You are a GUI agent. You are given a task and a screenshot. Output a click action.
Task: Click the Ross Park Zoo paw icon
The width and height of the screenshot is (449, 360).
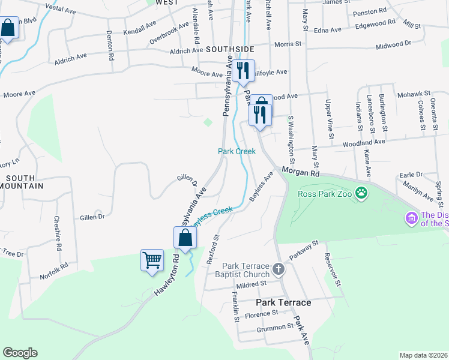point(361,193)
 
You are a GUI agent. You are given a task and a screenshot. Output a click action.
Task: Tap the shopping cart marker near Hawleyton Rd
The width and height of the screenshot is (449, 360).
point(152,260)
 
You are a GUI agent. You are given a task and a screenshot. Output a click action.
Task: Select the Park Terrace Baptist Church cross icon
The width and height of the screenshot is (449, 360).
point(279,269)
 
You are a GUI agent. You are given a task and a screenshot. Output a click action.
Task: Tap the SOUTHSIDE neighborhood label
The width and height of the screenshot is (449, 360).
point(230,49)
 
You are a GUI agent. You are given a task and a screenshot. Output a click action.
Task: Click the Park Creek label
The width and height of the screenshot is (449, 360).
point(237,151)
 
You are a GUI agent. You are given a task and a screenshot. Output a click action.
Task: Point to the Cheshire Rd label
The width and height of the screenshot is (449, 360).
point(58,232)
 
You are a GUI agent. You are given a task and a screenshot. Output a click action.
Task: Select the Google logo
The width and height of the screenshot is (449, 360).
point(20,352)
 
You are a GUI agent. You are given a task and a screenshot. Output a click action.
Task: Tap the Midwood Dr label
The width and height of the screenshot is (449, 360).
point(393,44)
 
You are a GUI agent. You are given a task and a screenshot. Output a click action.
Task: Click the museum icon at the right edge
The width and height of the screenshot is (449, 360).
point(412,218)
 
